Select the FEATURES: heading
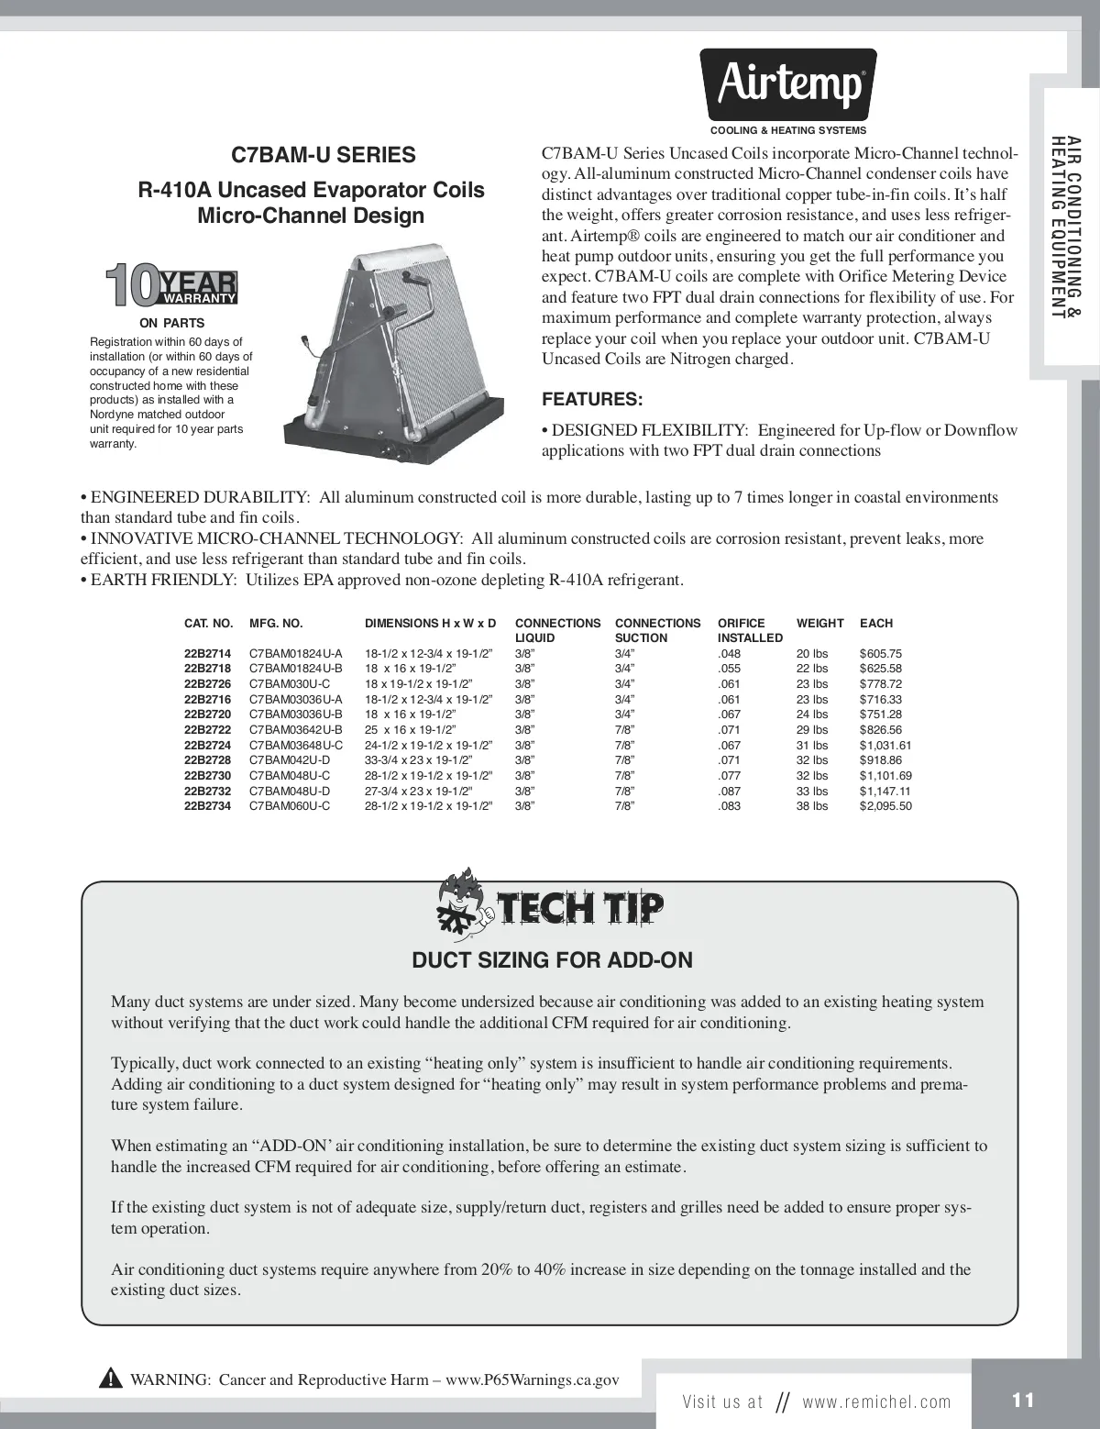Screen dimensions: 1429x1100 pos(592,400)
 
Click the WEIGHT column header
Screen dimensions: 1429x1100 pos(819,624)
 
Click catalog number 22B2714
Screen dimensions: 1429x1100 pos(207,654)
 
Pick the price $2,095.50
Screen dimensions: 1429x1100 pos(885,806)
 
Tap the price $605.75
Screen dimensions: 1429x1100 pos(880,654)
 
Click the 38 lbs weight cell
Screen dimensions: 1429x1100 pos(812,806)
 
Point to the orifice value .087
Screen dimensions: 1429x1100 pos(729,791)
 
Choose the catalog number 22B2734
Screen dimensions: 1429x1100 pos(207,806)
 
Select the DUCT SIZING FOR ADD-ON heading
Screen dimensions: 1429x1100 pos(552,960)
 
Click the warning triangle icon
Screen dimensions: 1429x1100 pos(111,1379)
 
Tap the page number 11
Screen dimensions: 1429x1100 pos(1023,1401)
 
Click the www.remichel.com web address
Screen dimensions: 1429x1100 pos(876,1401)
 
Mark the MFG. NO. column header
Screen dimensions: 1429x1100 pos(275,624)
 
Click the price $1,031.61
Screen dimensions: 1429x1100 pos(885,746)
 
